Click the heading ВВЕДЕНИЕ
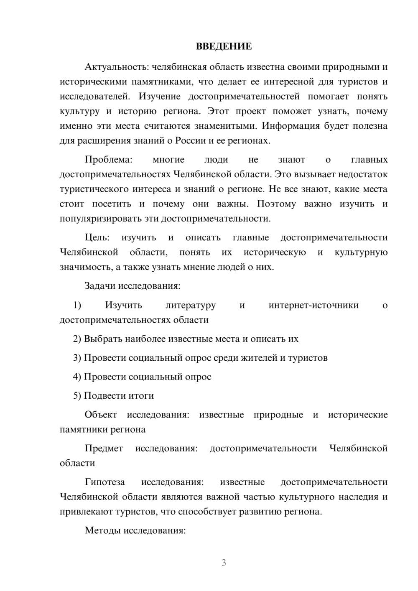point(224,46)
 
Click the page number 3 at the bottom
point(224,563)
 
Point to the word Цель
point(97,237)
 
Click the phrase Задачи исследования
point(132,286)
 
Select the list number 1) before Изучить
point(77,305)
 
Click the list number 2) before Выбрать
point(77,339)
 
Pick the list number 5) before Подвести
point(77,396)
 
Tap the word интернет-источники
point(313,305)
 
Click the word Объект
point(101,415)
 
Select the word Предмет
point(104,448)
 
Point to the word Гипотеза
point(105,482)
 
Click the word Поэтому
point(276,204)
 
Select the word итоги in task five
point(141,396)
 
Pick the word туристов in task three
point(308,358)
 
